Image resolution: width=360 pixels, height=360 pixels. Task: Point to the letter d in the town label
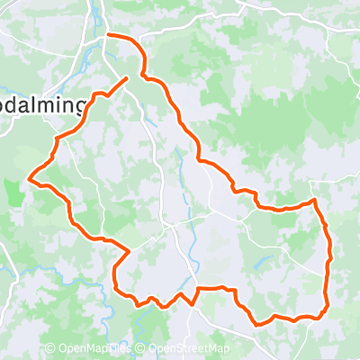(x=19, y=106)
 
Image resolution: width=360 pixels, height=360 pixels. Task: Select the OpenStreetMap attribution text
(x=189, y=349)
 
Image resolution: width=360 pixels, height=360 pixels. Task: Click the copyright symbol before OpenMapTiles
(x=50, y=349)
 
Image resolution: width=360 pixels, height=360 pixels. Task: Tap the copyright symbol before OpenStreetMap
(x=142, y=349)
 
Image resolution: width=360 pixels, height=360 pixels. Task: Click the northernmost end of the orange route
(x=108, y=34)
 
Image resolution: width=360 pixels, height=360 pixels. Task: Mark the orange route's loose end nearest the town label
(x=126, y=78)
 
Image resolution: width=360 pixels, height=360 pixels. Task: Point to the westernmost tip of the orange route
(x=31, y=178)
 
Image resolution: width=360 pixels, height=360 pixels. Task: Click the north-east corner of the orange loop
(x=314, y=200)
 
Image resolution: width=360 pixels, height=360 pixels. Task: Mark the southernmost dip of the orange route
(x=261, y=322)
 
